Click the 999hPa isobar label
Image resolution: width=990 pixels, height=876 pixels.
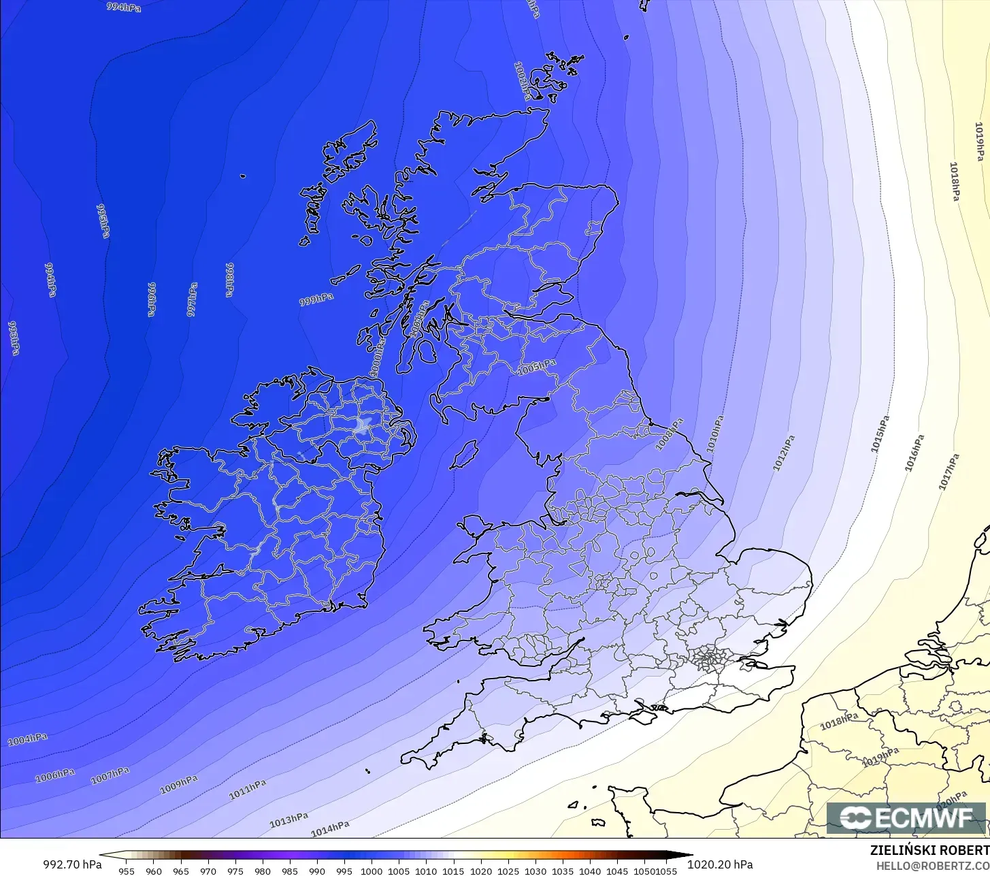316,299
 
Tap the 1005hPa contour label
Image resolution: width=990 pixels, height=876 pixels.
537,368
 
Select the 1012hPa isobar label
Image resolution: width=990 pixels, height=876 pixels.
784,453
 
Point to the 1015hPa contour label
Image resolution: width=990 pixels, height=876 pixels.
880,434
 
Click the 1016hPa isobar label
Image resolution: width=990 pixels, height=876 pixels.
914,453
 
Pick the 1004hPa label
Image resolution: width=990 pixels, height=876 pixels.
28,739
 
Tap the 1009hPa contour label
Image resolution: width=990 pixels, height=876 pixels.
179,785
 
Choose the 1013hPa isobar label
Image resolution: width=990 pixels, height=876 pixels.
288,820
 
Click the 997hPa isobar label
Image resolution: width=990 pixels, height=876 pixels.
193,299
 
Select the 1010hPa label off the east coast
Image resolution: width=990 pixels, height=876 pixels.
714,434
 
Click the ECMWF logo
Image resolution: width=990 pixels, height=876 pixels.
906,817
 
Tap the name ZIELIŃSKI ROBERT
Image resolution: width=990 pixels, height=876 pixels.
929,850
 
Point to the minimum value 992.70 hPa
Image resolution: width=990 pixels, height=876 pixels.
72,864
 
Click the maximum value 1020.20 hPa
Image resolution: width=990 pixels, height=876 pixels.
720,864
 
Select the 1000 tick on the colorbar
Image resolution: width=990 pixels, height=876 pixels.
372,871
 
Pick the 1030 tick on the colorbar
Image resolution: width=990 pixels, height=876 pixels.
535,871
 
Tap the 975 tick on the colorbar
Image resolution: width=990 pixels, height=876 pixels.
235,871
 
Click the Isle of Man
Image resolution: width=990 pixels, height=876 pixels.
465,454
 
